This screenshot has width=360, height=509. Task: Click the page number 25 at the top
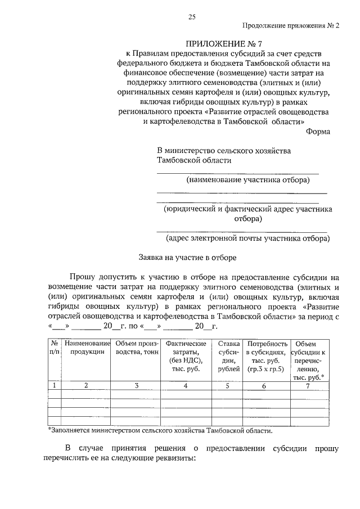[191, 17]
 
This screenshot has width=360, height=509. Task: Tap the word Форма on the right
[318, 131]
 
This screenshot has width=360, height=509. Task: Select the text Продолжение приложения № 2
[291, 26]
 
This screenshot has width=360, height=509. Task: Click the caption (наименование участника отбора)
[247, 180]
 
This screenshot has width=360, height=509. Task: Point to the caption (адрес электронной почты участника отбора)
[247, 238]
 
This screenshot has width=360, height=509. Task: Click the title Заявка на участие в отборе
[188, 258]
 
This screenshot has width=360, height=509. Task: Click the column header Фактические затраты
[186, 356]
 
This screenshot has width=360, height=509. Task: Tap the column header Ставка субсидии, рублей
[228, 356]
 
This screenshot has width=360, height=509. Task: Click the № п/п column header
[55, 348]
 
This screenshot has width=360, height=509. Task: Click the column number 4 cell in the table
[186, 386]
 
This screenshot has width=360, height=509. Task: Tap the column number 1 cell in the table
[55, 386]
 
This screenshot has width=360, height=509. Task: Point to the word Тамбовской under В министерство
[178, 160]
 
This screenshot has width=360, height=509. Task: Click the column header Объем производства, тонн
[137, 348]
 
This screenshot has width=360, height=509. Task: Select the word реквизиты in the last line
[175, 458]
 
